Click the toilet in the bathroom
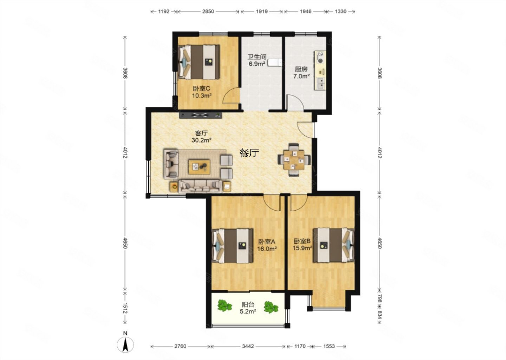[275, 63]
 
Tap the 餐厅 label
[249, 153]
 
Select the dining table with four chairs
[294, 160]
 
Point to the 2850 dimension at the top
[208, 11]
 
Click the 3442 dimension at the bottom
[248, 346]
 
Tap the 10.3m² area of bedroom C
[202, 96]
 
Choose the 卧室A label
[267, 242]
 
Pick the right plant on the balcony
[271, 307]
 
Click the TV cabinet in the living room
[201, 115]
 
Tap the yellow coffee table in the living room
[200, 167]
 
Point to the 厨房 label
[301, 69]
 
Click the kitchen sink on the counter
[320, 83]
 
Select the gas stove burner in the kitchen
[320, 57]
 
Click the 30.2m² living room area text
[201, 140]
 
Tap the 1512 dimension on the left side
[125, 308]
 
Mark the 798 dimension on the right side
[380, 298]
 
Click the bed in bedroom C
[199, 62]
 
